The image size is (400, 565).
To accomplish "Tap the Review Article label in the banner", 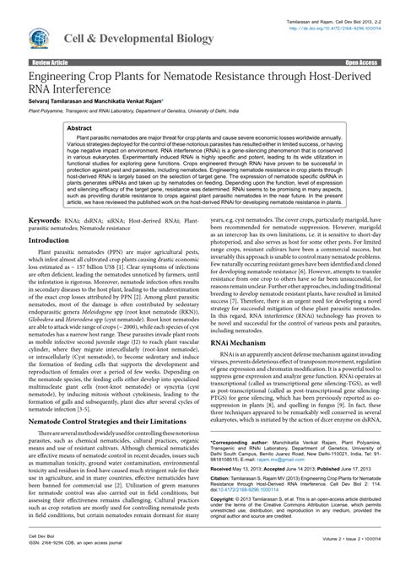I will (51, 63).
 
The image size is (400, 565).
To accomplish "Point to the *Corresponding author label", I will (239, 442).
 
